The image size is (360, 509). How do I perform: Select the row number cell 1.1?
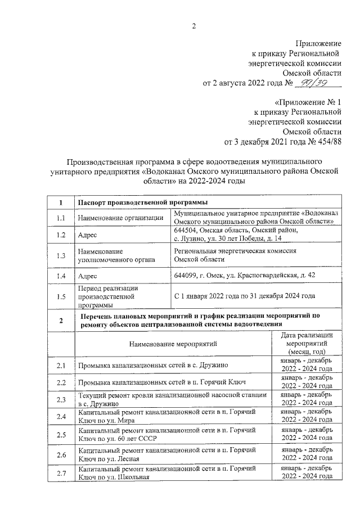(x=61, y=218)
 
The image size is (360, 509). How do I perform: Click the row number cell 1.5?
(x=61, y=296)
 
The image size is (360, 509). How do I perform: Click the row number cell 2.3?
(x=61, y=400)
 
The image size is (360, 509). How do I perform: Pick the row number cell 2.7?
(x=61, y=473)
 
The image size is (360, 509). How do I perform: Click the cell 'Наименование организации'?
(x=121, y=218)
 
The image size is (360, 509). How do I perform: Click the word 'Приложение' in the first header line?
(x=318, y=43)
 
